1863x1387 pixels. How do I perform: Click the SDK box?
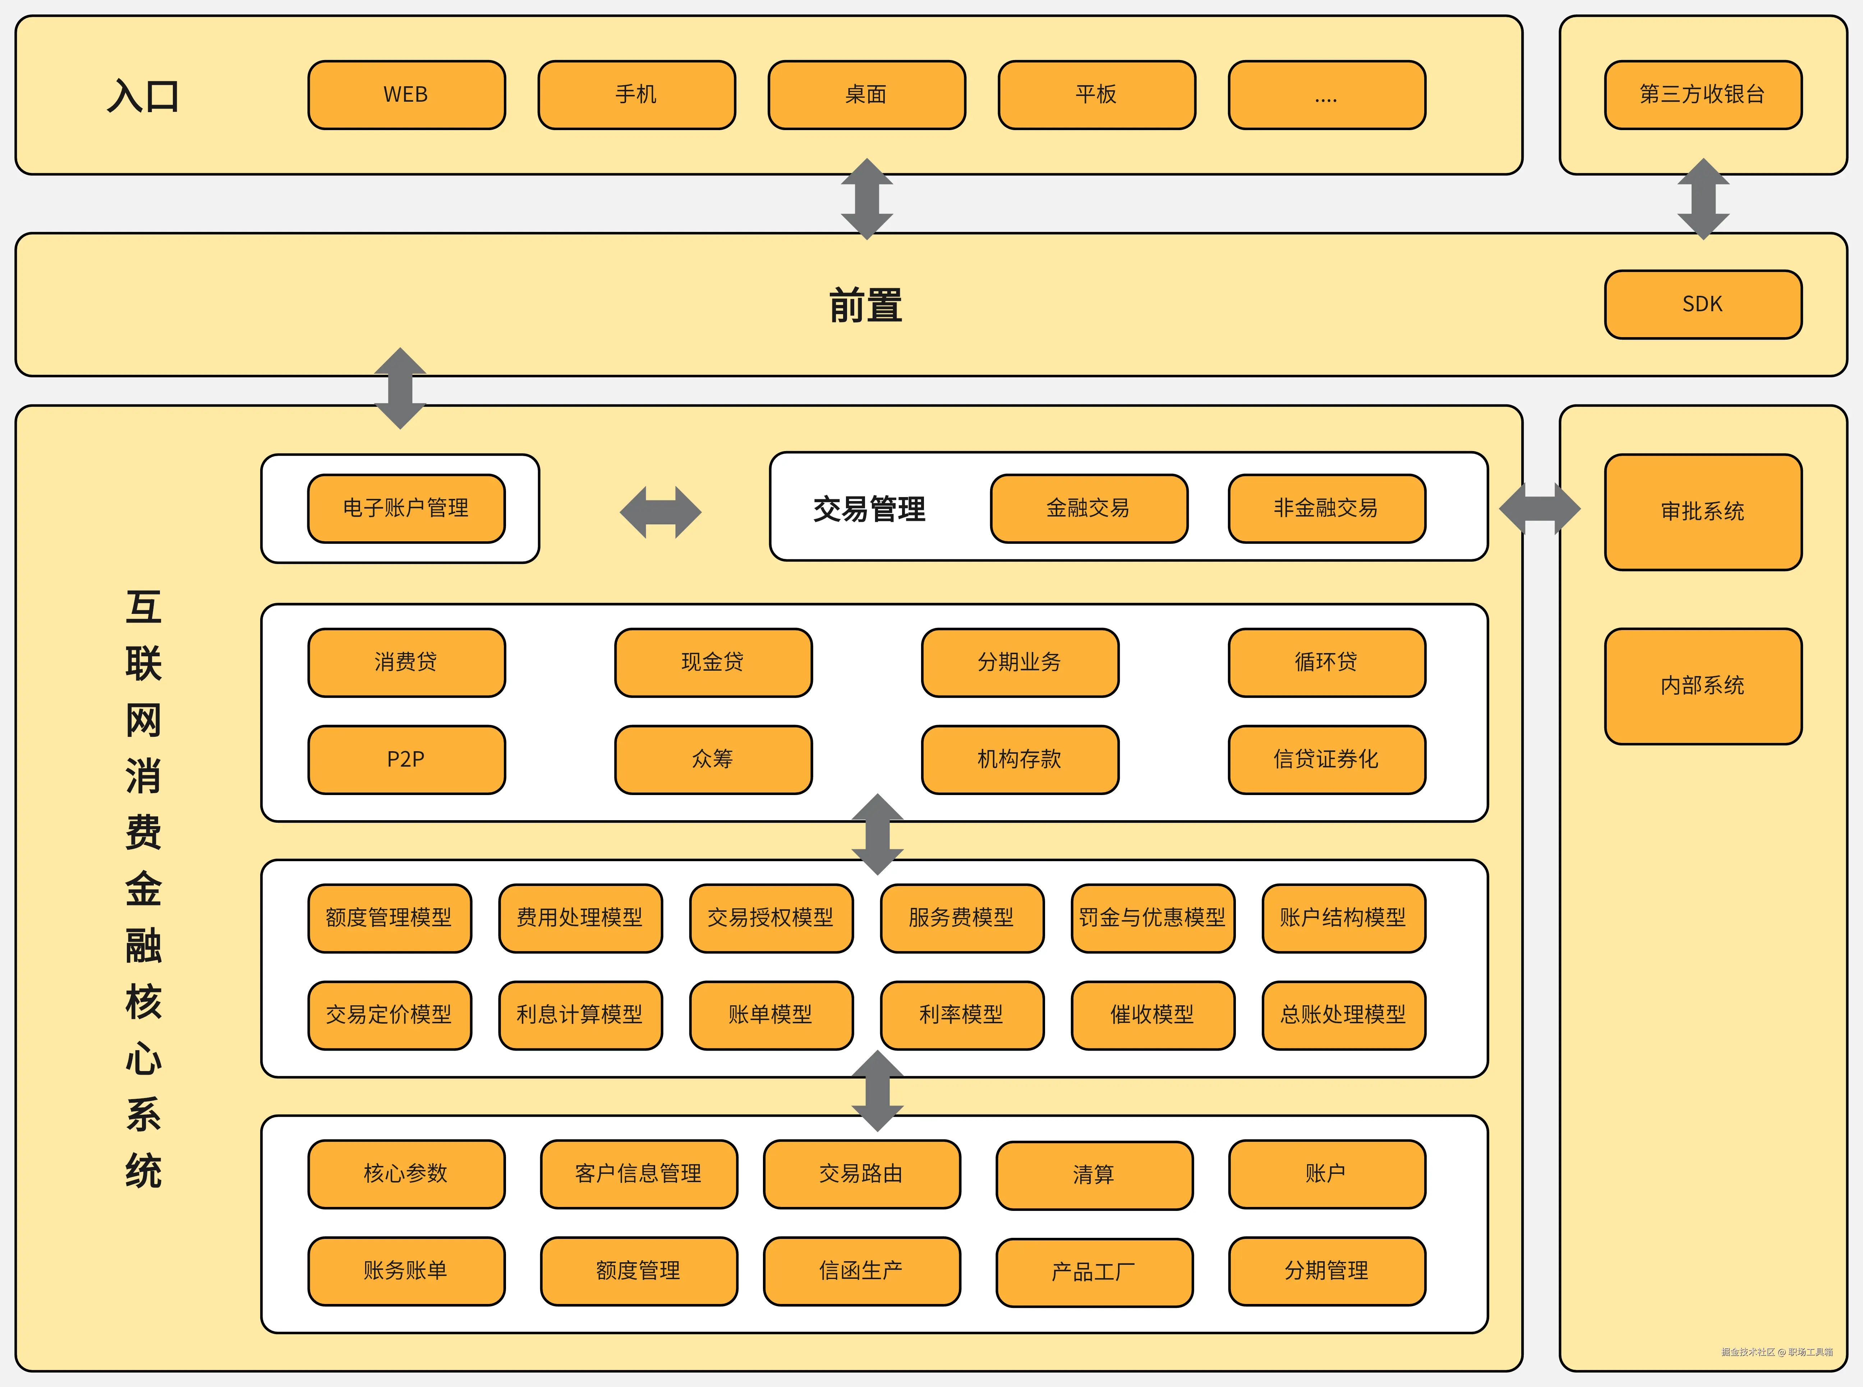pos(1703,304)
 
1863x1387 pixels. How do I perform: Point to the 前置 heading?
pos(866,305)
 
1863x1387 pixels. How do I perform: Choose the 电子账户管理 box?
pos(406,508)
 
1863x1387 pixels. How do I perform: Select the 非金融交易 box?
pos(1326,508)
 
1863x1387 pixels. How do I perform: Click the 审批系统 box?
pos(1703,511)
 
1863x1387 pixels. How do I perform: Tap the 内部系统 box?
pos(1703,686)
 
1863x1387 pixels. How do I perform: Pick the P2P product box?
pos(406,759)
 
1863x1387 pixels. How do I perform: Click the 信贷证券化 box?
pos(1326,759)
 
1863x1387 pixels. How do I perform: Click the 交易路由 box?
pos(861,1174)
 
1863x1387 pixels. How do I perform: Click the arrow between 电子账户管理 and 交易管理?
pos(660,512)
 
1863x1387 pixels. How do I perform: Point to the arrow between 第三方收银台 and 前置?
pos(1703,199)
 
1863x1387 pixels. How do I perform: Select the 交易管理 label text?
pos(869,509)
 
